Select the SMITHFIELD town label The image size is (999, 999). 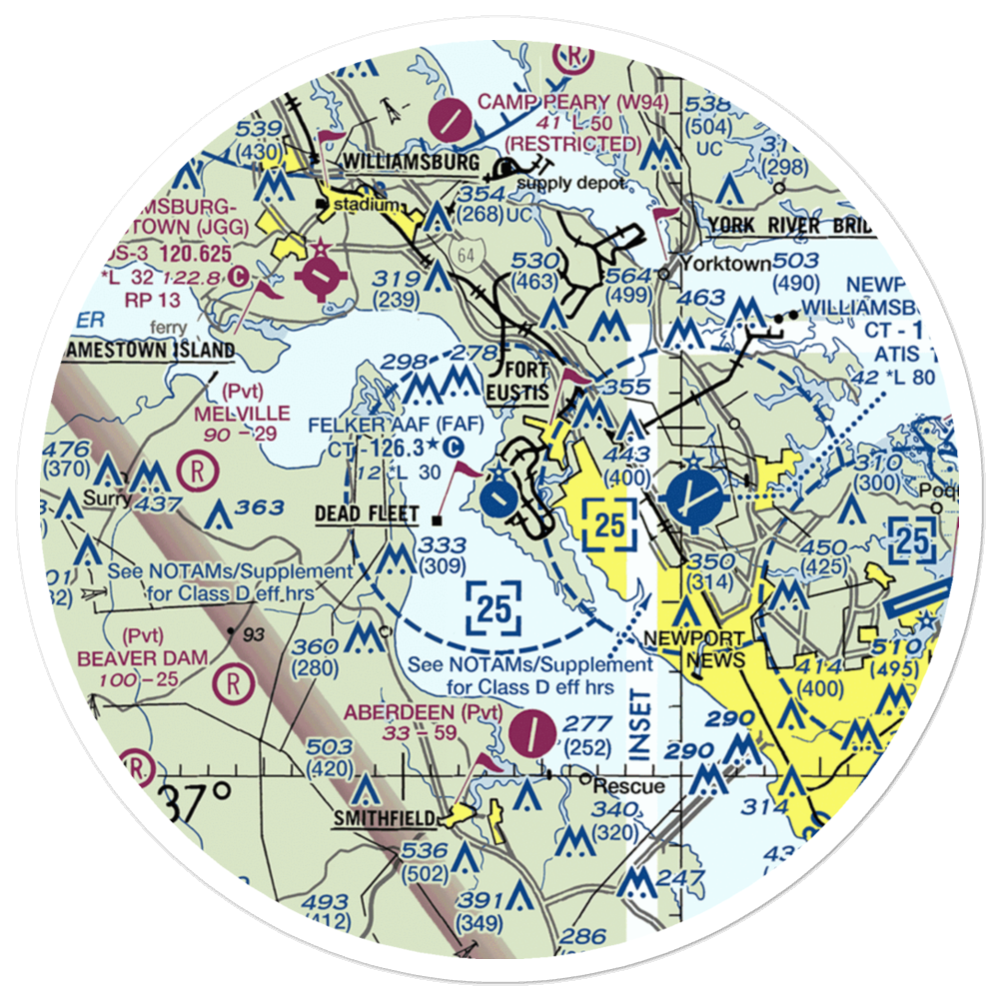click(x=384, y=819)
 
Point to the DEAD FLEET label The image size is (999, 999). click(x=369, y=514)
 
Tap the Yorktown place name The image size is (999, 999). click(x=725, y=265)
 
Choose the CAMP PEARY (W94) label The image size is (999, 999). click(x=559, y=101)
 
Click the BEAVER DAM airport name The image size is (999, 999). click(x=158, y=658)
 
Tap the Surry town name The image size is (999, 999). click(x=109, y=498)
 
